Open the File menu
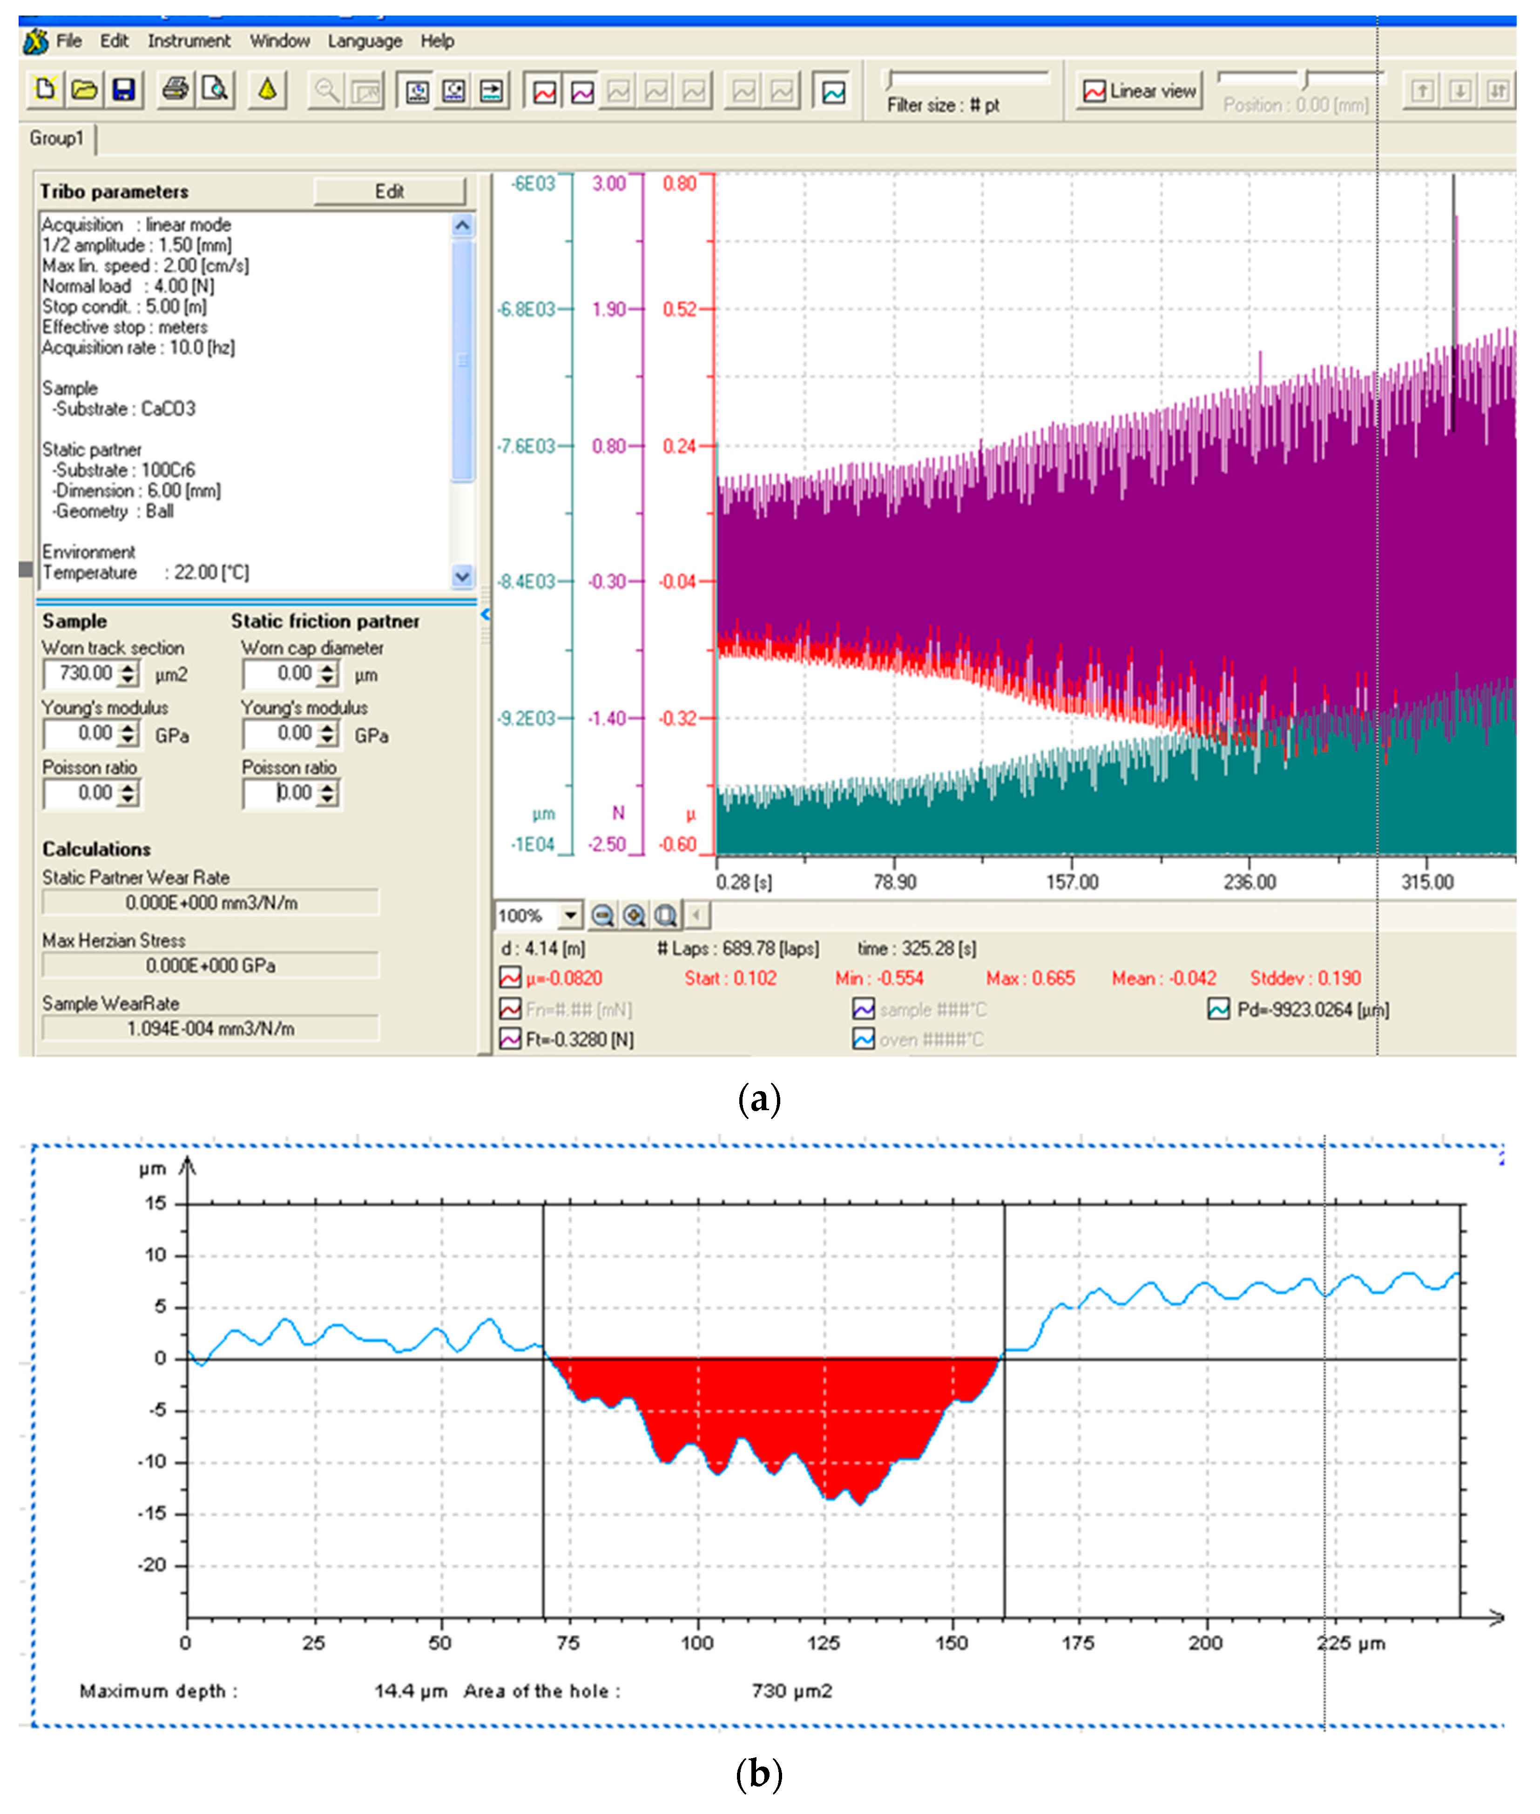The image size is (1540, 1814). [x=68, y=41]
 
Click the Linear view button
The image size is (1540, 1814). [x=1139, y=91]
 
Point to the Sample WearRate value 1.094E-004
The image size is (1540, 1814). [x=210, y=1028]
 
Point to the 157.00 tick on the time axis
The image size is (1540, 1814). [x=1072, y=882]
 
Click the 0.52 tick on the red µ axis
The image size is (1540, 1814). [x=679, y=309]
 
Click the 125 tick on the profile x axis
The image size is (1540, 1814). [x=823, y=1643]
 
